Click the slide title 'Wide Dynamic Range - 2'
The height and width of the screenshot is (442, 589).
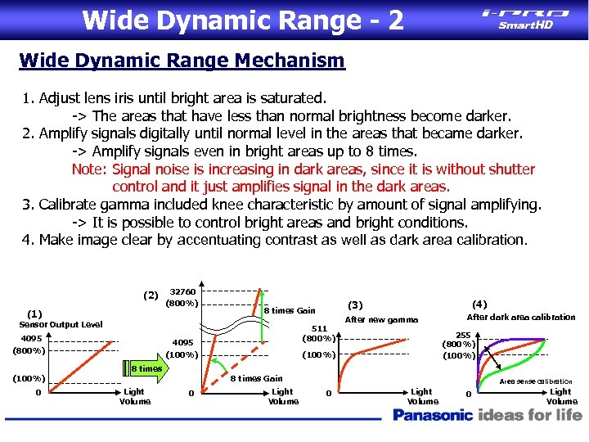(243, 19)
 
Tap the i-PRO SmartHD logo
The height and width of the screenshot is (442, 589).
(525, 18)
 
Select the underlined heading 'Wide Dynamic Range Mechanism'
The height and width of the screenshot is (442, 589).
(182, 61)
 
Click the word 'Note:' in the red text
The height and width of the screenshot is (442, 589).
(90, 169)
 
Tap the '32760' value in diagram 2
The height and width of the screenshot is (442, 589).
(182, 292)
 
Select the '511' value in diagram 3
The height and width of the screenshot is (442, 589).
(319, 329)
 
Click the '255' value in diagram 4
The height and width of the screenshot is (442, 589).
(463, 335)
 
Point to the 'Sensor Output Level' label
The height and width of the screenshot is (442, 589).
(61, 325)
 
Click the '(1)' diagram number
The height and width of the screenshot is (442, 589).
(34, 313)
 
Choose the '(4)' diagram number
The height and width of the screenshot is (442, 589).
(479, 304)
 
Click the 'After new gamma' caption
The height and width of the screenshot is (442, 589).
(381, 320)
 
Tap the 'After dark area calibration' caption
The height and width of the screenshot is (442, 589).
(520, 318)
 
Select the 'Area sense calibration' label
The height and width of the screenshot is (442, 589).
(536, 381)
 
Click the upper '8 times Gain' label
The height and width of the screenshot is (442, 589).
(290, 310)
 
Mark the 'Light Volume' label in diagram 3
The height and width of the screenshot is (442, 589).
(422, 397)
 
